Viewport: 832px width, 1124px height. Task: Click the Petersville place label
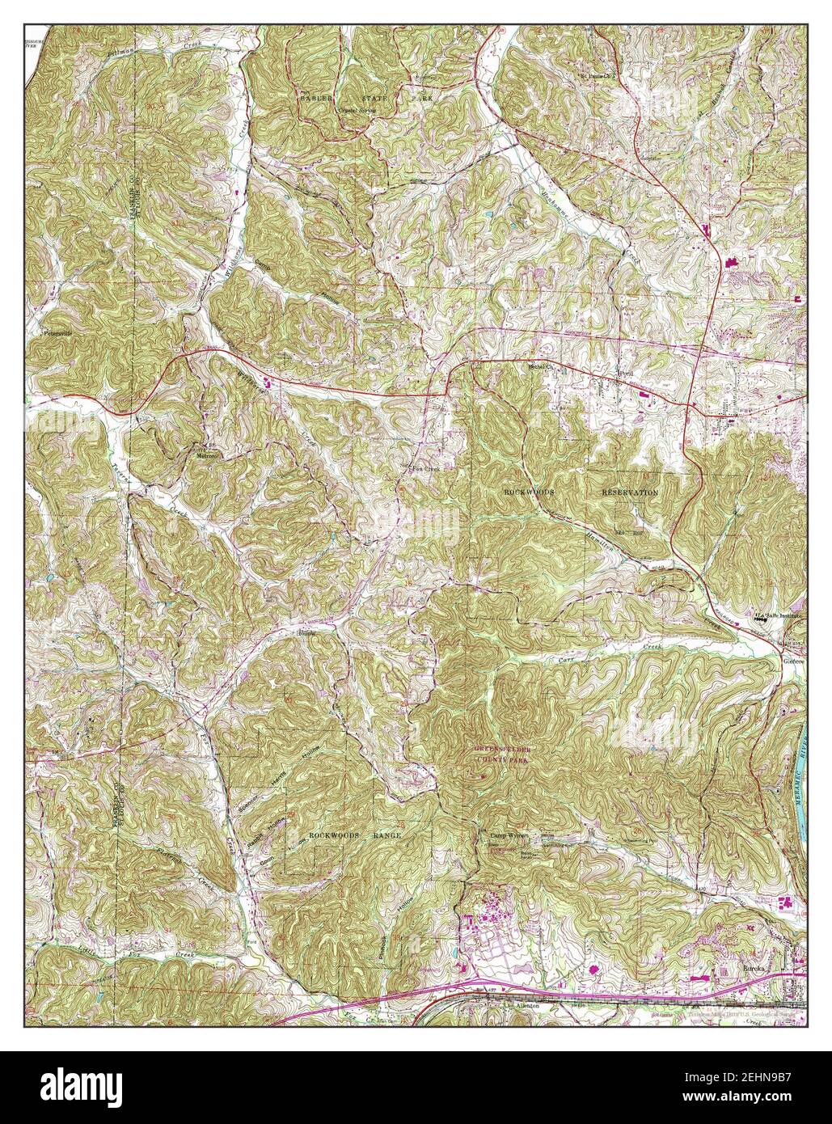pos(57,332)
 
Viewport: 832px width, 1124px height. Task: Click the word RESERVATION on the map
pos(630,492)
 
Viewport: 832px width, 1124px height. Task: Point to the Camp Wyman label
pos(507,836)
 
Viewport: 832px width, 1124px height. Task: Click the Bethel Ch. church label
pos(538,366)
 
